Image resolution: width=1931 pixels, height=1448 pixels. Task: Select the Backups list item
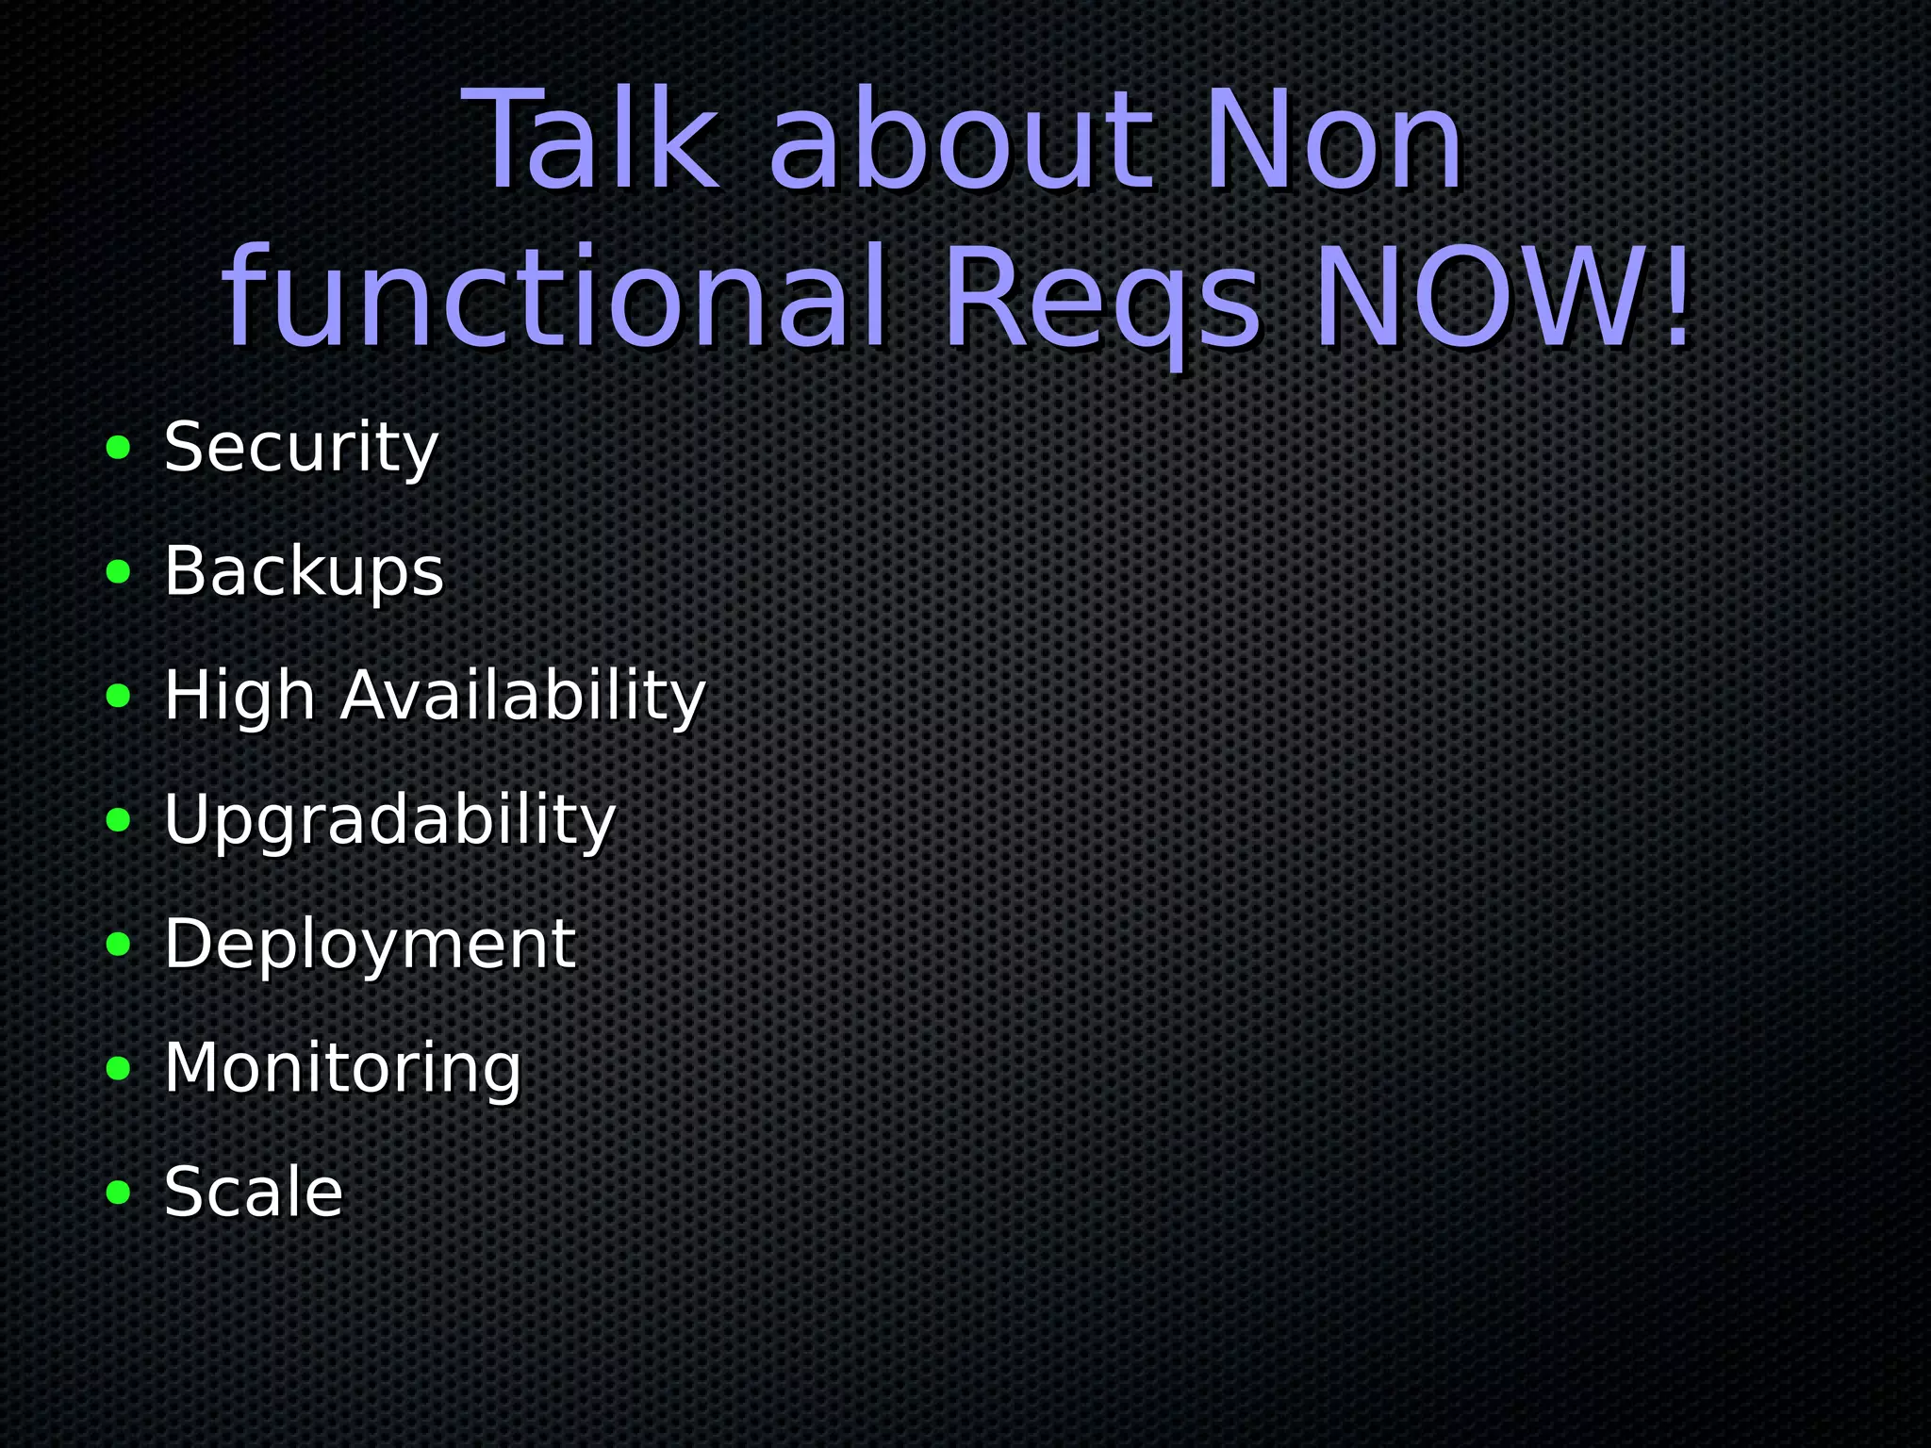coord(304,571)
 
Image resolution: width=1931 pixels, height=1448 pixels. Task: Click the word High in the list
coord(239,696)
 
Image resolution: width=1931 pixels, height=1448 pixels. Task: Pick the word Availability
coord(523,696)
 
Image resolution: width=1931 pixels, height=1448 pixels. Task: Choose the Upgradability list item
coord(389,820)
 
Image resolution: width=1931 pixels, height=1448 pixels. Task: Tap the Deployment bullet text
coord(370,944)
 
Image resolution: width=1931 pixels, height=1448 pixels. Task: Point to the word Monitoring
coord(342,1068)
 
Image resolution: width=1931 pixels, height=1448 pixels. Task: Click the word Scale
coord(254,1192)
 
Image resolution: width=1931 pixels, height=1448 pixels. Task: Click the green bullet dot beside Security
coord(119,448)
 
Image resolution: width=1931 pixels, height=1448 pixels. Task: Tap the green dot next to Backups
coord(119,572)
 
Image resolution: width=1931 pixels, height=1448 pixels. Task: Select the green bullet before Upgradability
coord(119,820)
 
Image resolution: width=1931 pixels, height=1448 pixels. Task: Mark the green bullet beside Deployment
coord(119,945)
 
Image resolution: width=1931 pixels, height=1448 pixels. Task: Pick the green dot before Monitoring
coord(119,1069)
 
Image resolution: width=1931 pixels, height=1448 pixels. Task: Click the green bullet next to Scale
coord(119,1193)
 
